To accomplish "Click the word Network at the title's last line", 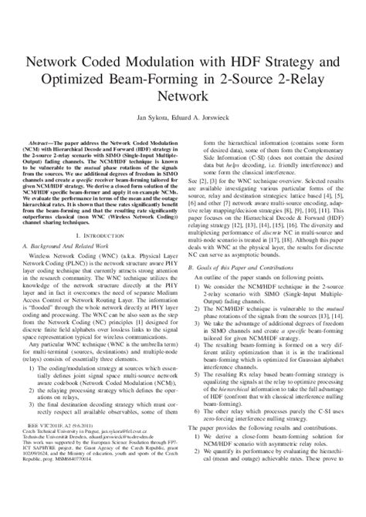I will pos(183,98).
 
